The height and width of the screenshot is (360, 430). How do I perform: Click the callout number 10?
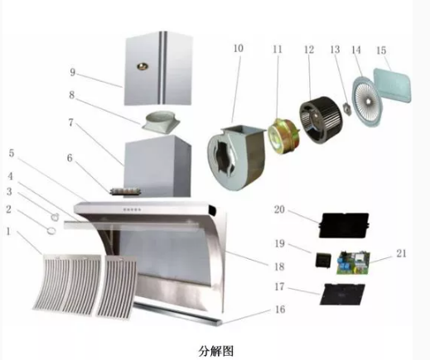(239, 49)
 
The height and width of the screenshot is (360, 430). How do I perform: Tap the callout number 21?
(401, 253)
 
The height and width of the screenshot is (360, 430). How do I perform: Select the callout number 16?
(280, 310)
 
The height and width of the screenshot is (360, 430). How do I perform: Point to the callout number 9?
(72, 72)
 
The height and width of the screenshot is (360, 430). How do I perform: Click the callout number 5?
(12, 153)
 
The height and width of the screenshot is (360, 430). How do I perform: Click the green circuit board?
(353, 262)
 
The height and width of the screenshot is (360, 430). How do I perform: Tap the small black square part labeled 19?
(322, 260)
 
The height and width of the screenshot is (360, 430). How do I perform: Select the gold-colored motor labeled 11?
(283, 137)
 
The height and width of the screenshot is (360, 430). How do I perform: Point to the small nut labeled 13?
(347, 108)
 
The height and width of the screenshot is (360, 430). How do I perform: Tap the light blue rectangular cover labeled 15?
(393, 84)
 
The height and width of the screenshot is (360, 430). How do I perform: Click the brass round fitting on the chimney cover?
(142, 66)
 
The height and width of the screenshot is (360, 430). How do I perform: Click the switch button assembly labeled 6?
(126, 191)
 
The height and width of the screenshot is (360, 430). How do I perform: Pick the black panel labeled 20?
(344, 225)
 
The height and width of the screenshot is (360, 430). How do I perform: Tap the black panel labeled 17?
(342, 294)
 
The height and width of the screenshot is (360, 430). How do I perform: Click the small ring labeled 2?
(51, 230)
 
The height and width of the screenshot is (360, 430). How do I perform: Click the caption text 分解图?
(215, 351)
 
